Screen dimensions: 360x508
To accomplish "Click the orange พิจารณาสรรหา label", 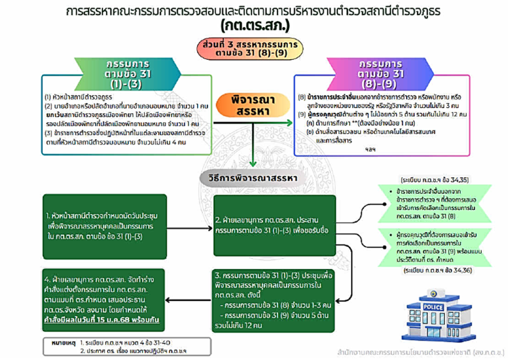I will click(253, 105).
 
